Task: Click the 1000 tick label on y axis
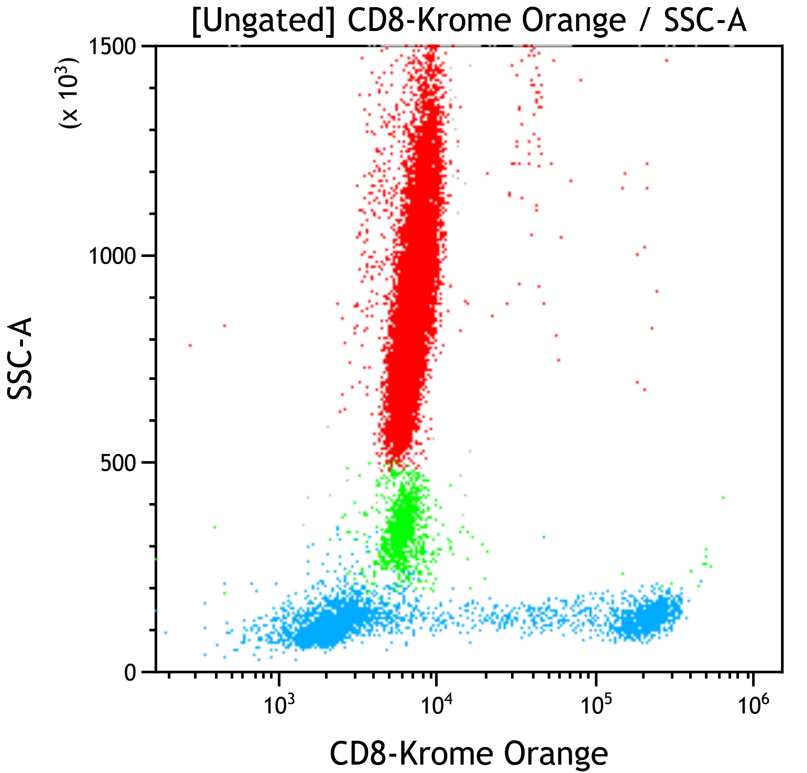(112, 256)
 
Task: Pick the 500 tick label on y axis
(118, 464)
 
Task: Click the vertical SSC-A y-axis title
(20, 358)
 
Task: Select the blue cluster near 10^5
(648, 618)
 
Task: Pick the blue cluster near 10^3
(323, 625)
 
